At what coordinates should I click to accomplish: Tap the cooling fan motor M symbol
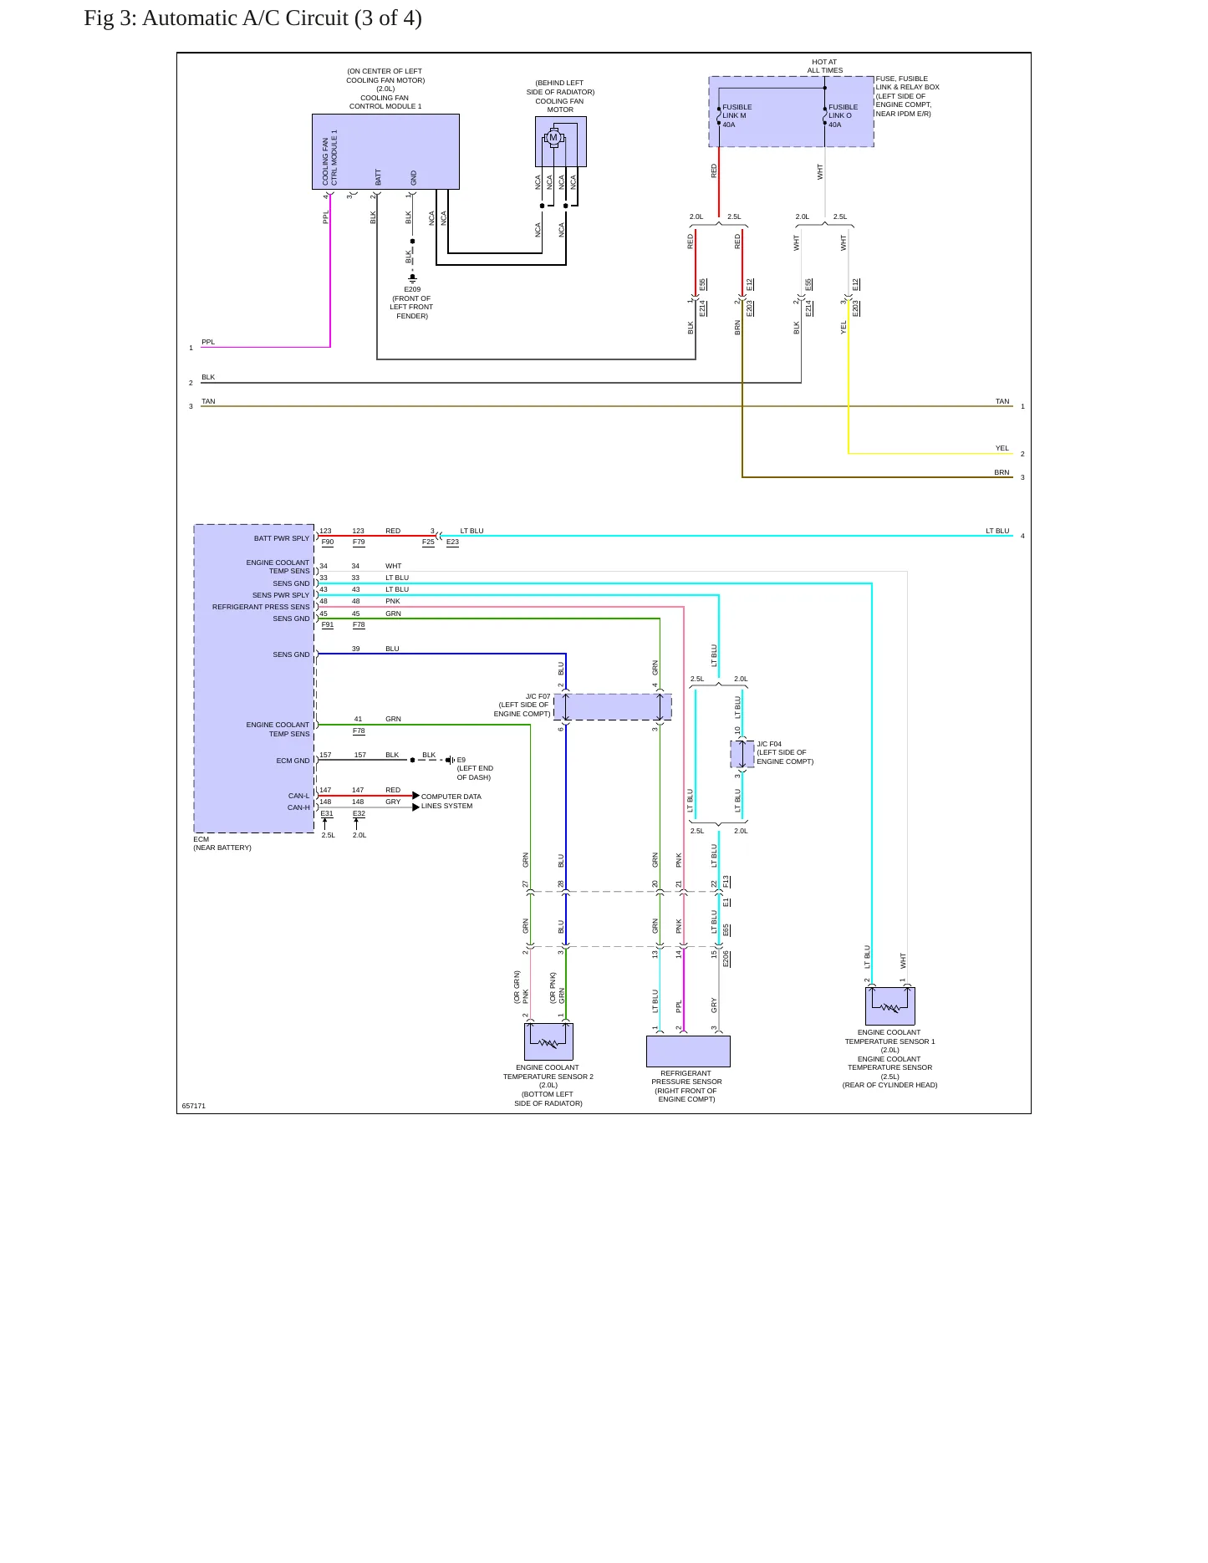click(553, 138)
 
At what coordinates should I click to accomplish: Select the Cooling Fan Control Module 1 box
click(385, 151)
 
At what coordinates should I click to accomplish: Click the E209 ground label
click(412, 289)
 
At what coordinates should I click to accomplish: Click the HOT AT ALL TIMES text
click(824, 66)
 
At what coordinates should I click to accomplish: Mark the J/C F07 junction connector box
click(613, 707)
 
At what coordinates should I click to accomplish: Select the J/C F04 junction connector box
click(742, 754)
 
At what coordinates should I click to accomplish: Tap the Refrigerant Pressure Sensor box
click(688, 1051)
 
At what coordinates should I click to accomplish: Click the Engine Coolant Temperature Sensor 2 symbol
click(548, 1041)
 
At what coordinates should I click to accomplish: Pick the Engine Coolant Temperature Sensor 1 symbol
click(890, 1006)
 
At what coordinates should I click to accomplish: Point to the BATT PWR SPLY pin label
click(282, 538)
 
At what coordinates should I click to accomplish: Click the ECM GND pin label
click(293, 761)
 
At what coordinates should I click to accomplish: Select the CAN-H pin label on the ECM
click(298, 807)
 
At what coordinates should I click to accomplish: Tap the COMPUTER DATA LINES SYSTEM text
click(451, 802)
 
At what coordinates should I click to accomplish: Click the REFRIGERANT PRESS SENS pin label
click(261, 607)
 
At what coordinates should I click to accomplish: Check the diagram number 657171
click(194, 1106)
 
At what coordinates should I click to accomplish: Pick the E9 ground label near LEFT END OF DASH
click(461, 760)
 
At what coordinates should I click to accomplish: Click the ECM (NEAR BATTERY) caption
click(222, 843)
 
